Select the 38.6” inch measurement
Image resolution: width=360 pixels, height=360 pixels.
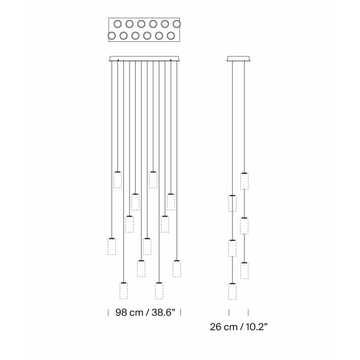(x=163, y=312)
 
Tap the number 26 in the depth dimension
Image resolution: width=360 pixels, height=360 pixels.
(x=215, y=327)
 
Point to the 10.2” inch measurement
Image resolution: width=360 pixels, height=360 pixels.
(x=256, y=327)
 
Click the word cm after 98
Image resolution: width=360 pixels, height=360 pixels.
(x=136, y=313)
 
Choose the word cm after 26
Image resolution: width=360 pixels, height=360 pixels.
(x=230, y=328)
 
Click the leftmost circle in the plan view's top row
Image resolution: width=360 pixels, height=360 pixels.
(x=117, y=24)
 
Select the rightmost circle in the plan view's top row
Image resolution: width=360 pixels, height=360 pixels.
(x=177, y=24)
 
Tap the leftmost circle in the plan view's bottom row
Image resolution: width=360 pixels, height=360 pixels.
(x=112, y=36)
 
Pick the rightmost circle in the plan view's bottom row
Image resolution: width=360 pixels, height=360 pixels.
(x=171, y=36)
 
